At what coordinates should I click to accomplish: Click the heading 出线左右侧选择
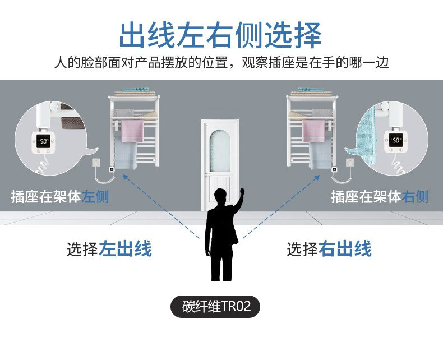click(220, 35)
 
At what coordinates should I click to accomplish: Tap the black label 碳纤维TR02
click(215, 307)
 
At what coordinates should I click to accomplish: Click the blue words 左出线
click(125, 248)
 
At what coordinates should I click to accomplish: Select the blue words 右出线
click(345, 248)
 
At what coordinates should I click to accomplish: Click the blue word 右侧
click(416, 197)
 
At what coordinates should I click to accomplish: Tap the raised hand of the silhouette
click(241, 192)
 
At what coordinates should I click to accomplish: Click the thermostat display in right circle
click(396, 140)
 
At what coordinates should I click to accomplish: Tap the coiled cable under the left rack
click(105, 178)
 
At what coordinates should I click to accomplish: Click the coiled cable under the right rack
click(340, 178)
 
